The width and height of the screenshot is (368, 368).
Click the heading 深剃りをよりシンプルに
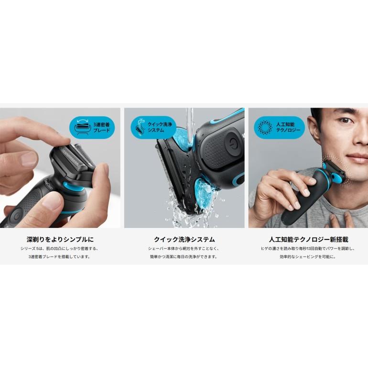click(61, 239)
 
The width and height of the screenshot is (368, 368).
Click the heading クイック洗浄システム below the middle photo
click(184, 239)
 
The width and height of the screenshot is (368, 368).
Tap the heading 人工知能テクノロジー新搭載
click(307, 239)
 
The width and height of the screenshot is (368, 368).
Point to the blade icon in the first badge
click(80, 128)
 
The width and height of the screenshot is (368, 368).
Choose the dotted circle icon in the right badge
click(264, 128)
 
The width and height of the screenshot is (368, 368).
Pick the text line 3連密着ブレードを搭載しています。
click(61, 257)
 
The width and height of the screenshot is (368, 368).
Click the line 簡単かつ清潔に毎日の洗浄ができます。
click(184, 257)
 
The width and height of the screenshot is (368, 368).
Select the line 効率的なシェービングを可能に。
click(307, 257)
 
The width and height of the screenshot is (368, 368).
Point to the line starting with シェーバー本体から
click(184, 249)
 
